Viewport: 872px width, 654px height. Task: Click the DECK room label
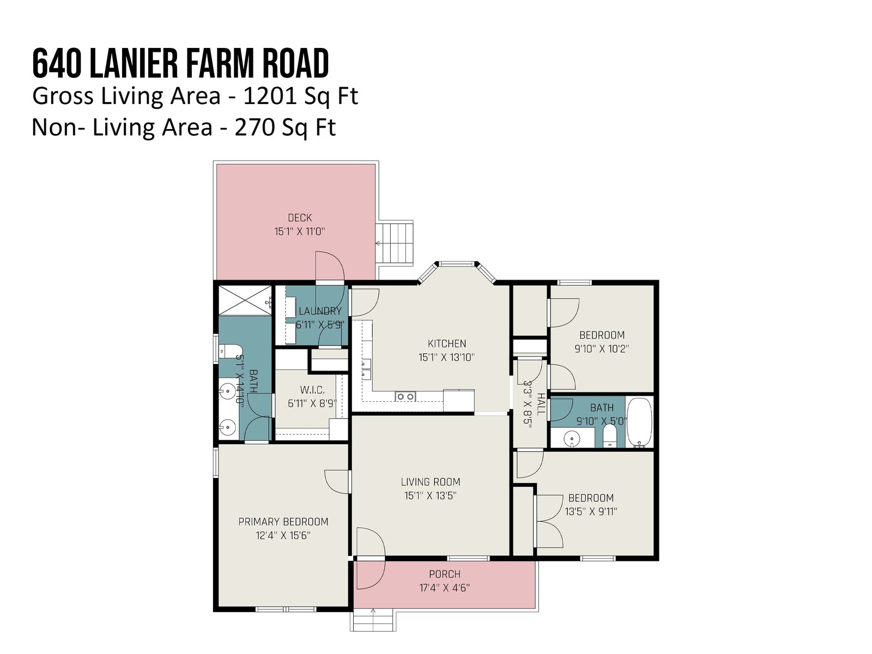click(300, 217)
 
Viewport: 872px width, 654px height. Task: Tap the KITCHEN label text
click(446, 343)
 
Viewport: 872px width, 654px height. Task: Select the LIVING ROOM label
click(430, 482)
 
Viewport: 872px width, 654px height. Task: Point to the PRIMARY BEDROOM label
click(283, 522)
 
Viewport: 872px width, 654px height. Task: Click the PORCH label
click(445, 574)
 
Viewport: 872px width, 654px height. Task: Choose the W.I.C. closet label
click(312, 390)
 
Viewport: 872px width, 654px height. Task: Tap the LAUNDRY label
click(320, 311)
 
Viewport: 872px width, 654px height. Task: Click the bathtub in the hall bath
click(639, 422)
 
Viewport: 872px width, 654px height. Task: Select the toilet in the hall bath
click(609, 436)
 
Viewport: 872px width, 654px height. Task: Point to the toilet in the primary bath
click(231, 351)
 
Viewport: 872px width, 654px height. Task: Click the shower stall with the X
click(245, 301)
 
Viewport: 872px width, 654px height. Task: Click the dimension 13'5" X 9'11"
click(591, 511)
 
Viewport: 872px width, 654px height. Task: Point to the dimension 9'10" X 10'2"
click(602, 349)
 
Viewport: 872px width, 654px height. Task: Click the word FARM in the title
click(214, 64)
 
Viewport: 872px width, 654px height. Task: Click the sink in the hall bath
click(572, 438)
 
